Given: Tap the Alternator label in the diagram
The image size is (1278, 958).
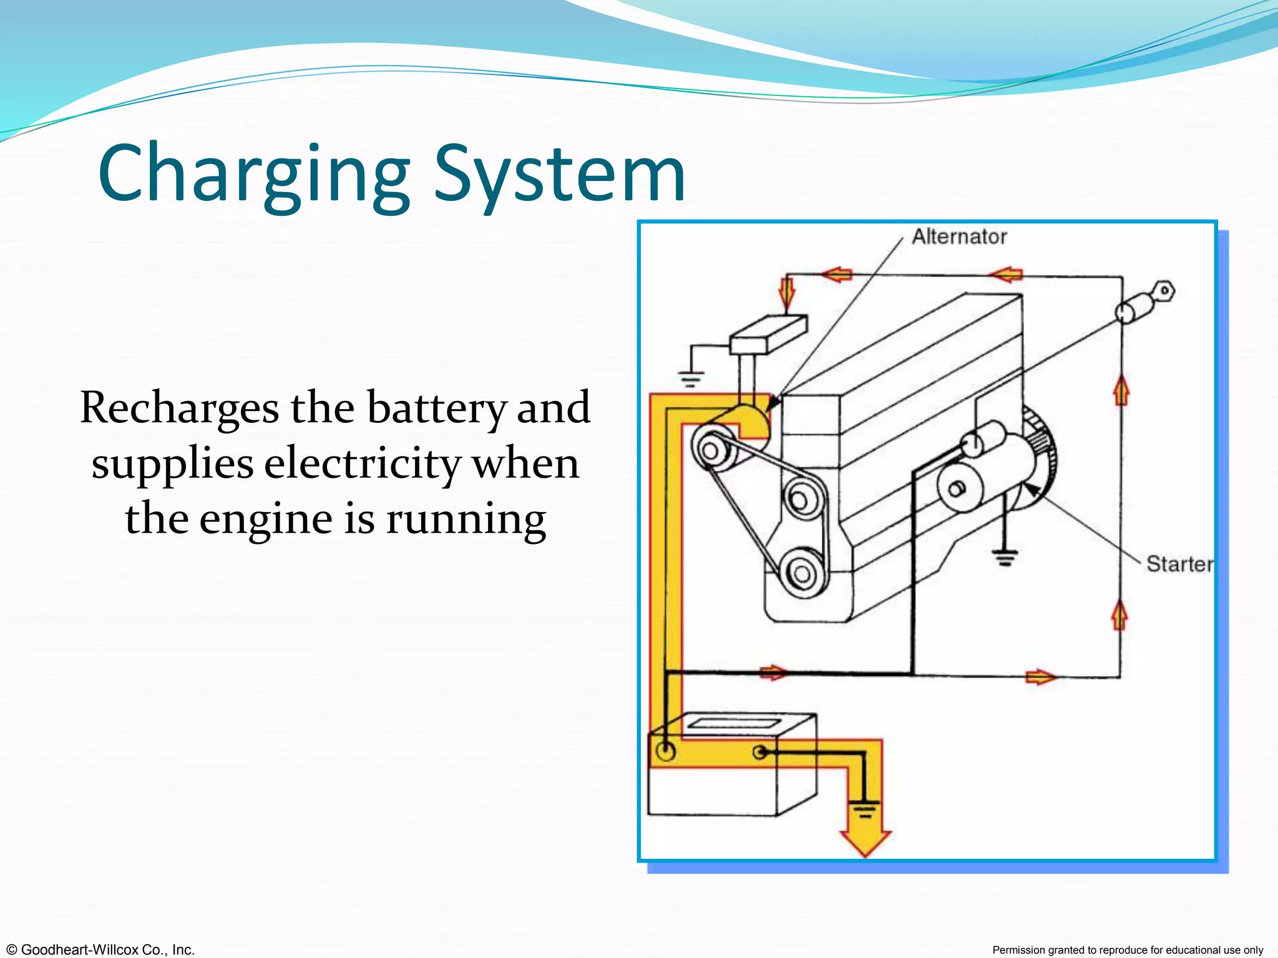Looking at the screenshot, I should click(959, 237).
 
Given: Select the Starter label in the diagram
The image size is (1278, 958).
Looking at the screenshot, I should click(1179, 564).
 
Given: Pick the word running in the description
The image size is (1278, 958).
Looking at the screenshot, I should click(466, 519).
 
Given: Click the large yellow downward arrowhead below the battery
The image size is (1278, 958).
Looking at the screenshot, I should click(866, 842).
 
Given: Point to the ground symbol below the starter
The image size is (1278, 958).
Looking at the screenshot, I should click(1005, 556).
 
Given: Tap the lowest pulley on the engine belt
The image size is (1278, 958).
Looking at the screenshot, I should click(802, 573).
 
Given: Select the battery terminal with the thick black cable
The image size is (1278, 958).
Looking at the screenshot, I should click(666, 751).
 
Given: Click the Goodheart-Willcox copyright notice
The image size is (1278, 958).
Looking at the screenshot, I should click(100, 949).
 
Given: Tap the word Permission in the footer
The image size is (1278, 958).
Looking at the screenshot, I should click(1020, 950).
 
